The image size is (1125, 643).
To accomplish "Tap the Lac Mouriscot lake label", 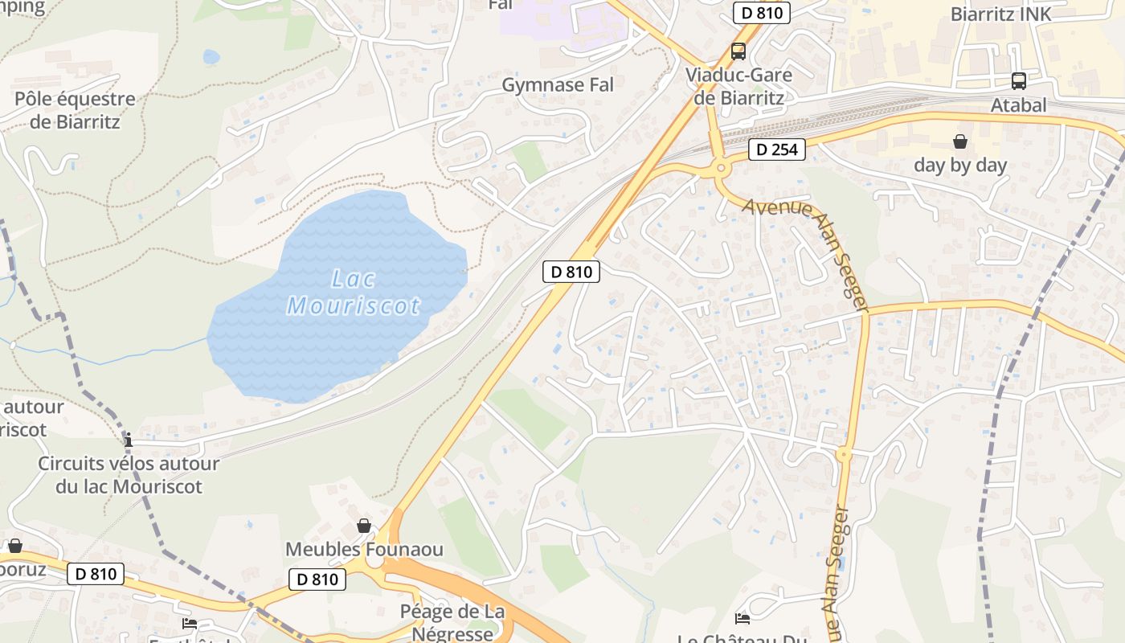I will [354, 293].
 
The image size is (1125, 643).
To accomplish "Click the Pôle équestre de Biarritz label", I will [75, 111].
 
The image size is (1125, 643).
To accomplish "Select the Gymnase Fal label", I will [558, 84].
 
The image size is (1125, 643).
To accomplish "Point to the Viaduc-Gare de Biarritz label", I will [738, 87].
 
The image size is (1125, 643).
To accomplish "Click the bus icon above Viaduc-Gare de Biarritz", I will [738, 51].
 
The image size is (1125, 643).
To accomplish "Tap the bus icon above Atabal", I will [1019, 80].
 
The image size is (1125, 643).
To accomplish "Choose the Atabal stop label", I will [1019, 104].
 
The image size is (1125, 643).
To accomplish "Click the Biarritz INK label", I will [1000, 14].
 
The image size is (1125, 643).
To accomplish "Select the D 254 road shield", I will [777, 149].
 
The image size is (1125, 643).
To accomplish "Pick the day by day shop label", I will [960, 166].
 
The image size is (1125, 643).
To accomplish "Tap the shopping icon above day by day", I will [960, 142].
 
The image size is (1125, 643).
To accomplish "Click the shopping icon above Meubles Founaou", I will [364, 526].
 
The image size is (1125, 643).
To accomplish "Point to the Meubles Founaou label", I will [365, 550].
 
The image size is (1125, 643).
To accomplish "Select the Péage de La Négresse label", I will [452, 622].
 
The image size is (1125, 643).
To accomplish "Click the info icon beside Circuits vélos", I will [129, 440].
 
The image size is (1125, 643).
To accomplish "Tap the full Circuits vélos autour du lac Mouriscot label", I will [129, 475].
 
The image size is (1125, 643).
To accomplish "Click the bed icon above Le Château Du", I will [742, 618].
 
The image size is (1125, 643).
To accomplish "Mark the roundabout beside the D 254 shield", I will [721, 168].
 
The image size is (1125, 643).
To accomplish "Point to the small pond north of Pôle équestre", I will [211, 56].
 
